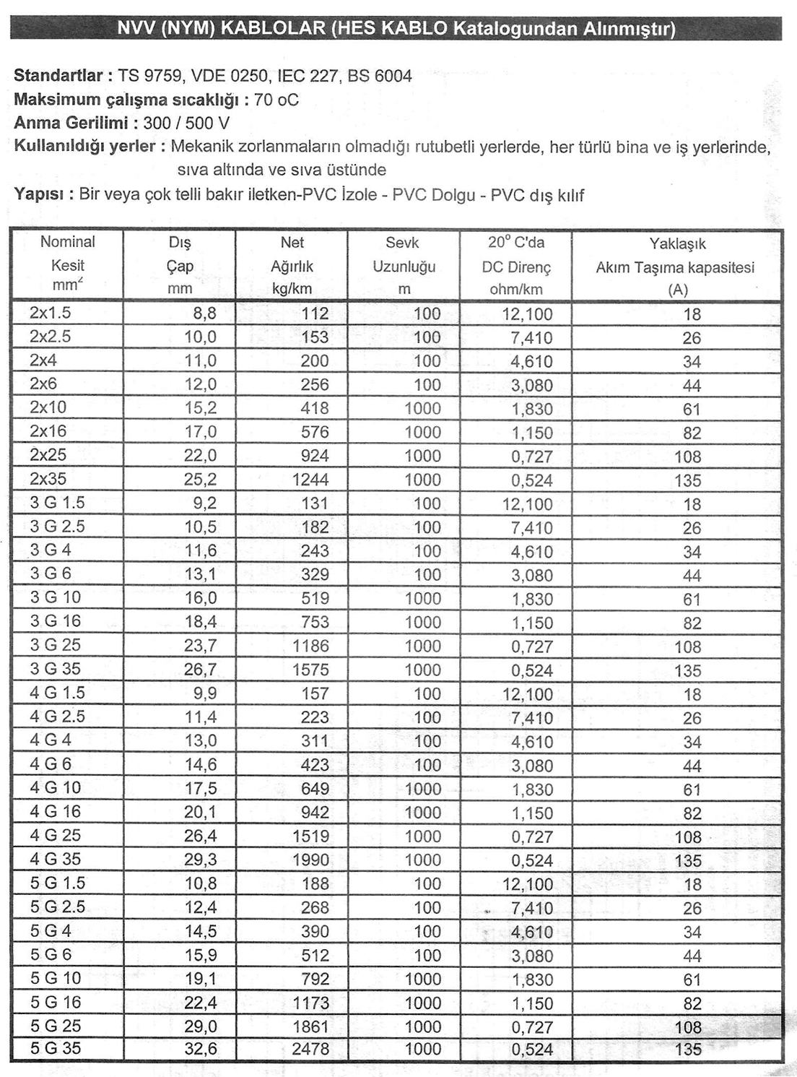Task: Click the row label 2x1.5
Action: pyautogui.click(x=50, y=313)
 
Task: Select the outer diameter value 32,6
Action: pyautogui.click(x=200, y=1049)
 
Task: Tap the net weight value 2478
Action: pyautogui.click(x=310, y=1049)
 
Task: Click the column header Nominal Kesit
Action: pyautogui.click(x=67, y=264)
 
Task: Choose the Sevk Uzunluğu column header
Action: pyautogui.click(x=404, y=265)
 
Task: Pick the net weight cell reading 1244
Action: pyautogui.click(x=310, y=480)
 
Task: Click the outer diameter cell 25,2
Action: pyautogui.click(x=200, y=480)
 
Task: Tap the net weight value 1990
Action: pyautogui.click(x=310, y=860)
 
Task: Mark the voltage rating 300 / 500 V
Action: pyautogui.click(x=186, y=123)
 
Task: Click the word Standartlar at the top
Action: pyautogui.click(x=58, y=76)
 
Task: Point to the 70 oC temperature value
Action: pyautogui.click(x=276, y=100)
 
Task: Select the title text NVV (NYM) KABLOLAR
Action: pyautogui.click(x=222, y=29)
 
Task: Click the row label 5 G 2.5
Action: pyautogui.click(x=57, y=907)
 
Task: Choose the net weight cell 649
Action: pyautogui.click(x=315, y=788)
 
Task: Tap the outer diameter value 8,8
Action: pyautogui.click(x=204, y=313)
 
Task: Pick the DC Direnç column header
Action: pyautogui.click(x=515, y=265)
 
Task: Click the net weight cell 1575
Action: pyautogui.click(x=310, y=670)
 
